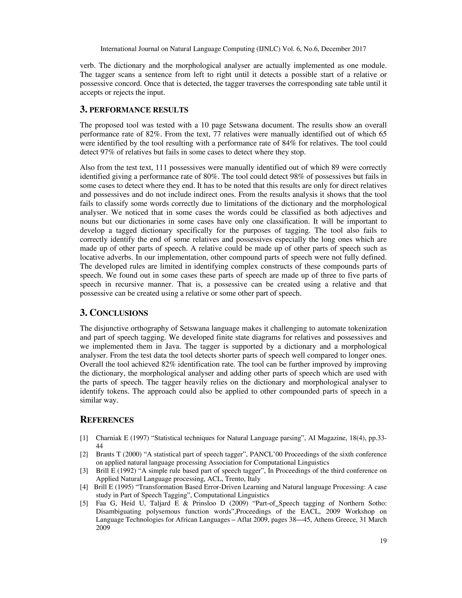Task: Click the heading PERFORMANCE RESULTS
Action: point(139,110)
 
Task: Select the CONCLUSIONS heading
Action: point(119,313)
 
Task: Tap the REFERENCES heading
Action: point(107,420)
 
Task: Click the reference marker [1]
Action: point(84,438)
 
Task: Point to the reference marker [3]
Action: point(84,471)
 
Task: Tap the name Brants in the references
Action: point(105,454)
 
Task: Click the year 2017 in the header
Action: point(358,49)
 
